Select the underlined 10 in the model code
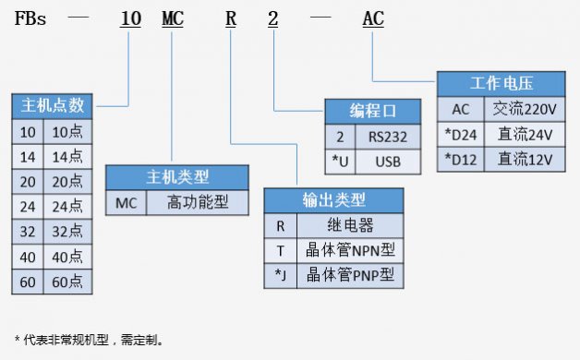(x=131, y=18)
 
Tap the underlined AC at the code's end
(x=373, y=18)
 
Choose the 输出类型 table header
(x=333, y=199)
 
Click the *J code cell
(x=280, y=274)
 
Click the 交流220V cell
(x=525, y=109)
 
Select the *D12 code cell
(x=460, y=159)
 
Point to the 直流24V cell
(x=525, y=134)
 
